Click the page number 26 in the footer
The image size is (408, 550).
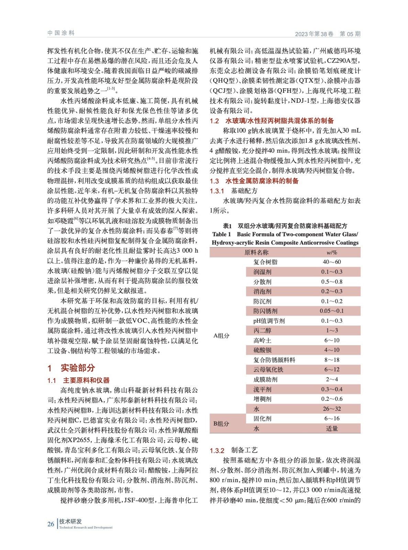[51, 524]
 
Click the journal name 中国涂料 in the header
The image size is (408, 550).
[61, 33]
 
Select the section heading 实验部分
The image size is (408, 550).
[78, 368]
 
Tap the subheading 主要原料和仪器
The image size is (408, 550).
[86, 380]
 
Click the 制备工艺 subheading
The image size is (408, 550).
[244, 450]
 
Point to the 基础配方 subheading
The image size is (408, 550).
[244, 191]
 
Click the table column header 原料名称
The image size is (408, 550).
[256, 252]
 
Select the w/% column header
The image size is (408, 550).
[332, 252]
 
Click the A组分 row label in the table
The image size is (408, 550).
[221, 335]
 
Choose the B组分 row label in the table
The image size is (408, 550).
[221, 423]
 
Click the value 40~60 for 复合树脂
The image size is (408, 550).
[332, 262]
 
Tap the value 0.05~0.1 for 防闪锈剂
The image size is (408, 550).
[332, 311]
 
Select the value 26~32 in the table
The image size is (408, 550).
[332, 409]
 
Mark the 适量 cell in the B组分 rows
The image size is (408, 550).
[332, 428]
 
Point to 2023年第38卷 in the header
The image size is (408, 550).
[314, 34]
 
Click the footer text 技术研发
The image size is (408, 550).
[70, 521]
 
